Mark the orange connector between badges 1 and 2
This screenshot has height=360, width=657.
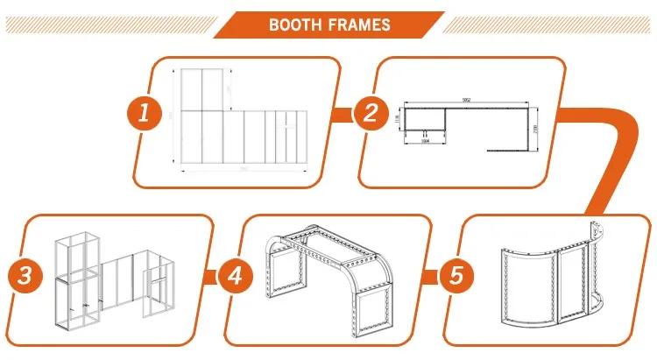(345, 114)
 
